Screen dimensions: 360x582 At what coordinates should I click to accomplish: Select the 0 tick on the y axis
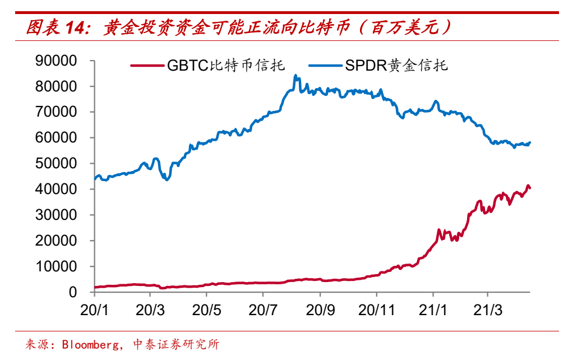73,293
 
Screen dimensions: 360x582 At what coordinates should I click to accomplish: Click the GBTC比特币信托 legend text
226,66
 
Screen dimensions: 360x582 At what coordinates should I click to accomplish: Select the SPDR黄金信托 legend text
397,66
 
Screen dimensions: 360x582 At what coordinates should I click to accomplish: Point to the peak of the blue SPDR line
295,76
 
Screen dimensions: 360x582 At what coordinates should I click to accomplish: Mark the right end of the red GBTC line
530,188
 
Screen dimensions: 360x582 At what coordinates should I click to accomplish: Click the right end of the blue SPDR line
530,142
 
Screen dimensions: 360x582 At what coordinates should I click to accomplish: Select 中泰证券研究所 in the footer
175,344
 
